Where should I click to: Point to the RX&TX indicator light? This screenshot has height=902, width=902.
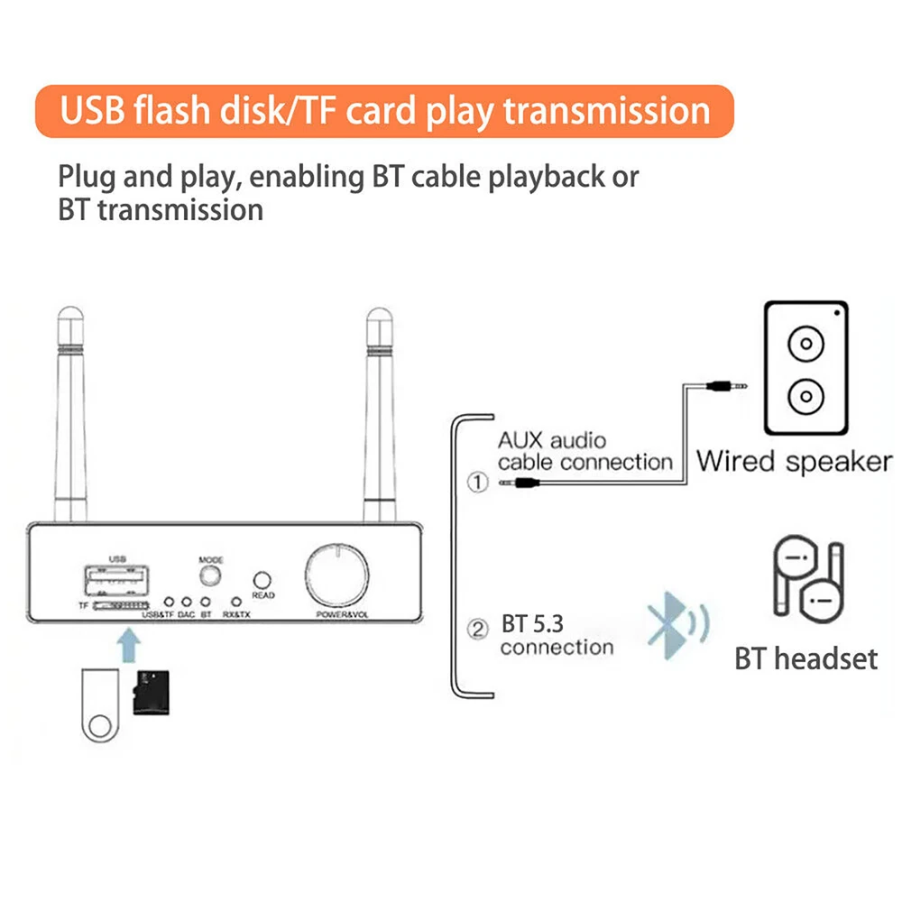pyautogui.click(x=236, y=602)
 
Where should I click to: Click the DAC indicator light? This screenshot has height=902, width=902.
pyautogui.click(x=186, y=602)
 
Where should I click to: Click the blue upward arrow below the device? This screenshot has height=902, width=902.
pyautogui.click(x=132, y=647)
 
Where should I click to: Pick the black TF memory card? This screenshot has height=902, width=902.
pyautogui.click(x=152, y=693)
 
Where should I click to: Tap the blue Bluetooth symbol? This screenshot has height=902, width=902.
pyautogui.click(x=665, y=624)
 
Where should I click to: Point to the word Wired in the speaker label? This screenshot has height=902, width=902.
pyautogui.click(x=735, y=461)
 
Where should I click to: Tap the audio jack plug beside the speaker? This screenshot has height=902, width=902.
pyautogui.click(x=728, y=384)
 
